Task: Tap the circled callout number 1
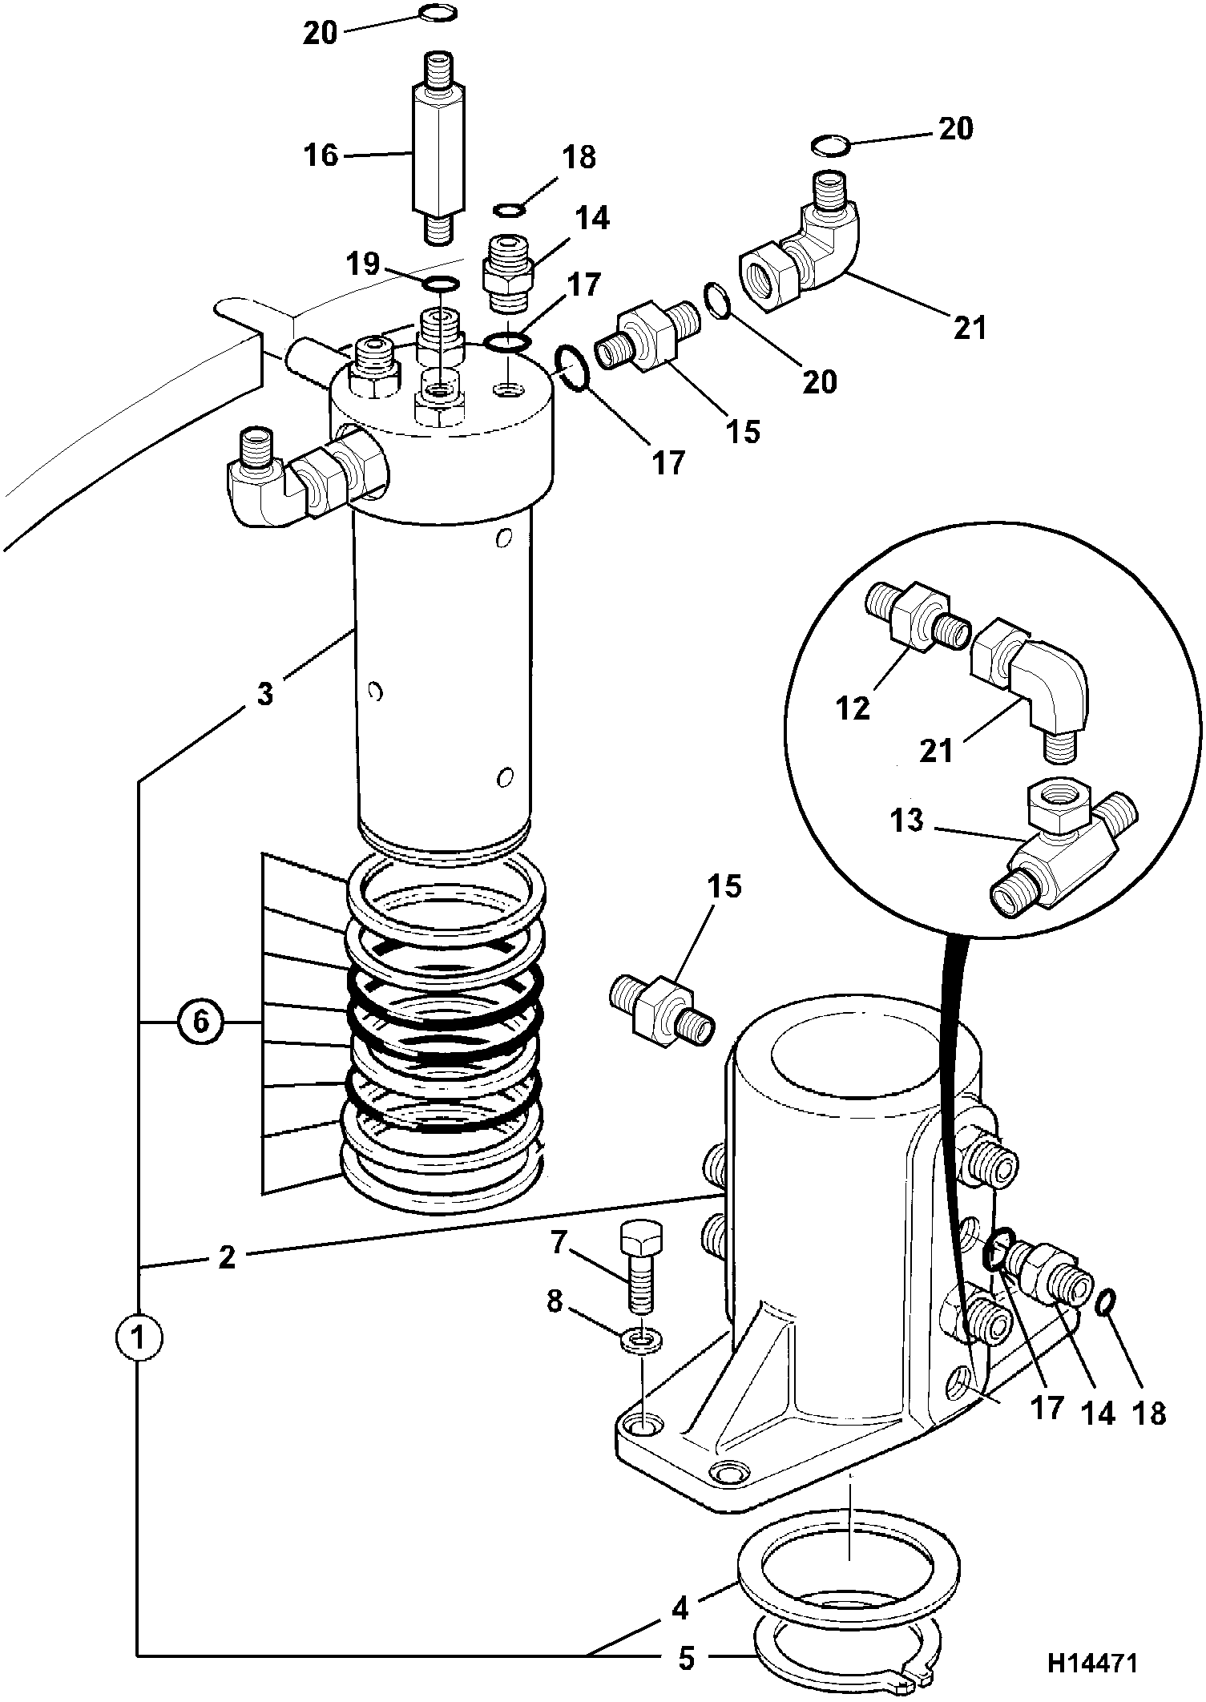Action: tap(139, 1337)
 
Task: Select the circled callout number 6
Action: tap(200, 1023)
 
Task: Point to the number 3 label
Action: tap(265, 693)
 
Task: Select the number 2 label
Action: tap(228, 1257)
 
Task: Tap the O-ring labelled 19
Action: tap(440, 284)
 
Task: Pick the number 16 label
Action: tap(322, 155)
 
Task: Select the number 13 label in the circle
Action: tap(906, 820)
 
